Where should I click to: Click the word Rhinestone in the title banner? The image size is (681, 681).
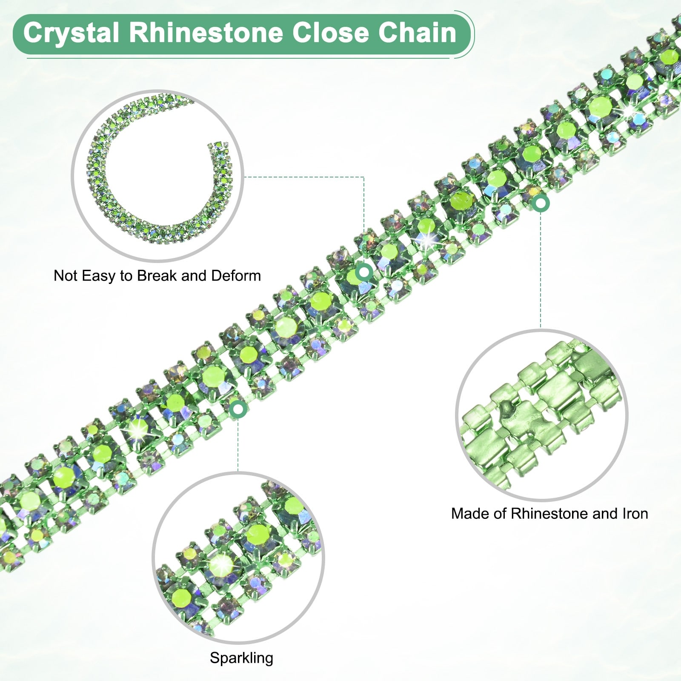point(206,33)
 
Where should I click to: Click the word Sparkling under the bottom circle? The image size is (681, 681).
point(241,658)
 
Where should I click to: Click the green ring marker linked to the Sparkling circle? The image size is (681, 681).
point(238,409)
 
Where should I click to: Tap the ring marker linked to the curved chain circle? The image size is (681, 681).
point(364,272)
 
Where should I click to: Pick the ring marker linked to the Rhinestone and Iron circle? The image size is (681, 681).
point(541,204)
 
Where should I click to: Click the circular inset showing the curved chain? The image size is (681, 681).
point(157,175)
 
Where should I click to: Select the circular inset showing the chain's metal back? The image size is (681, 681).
point(541,415)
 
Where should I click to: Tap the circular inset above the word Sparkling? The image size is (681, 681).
point(238,558)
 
